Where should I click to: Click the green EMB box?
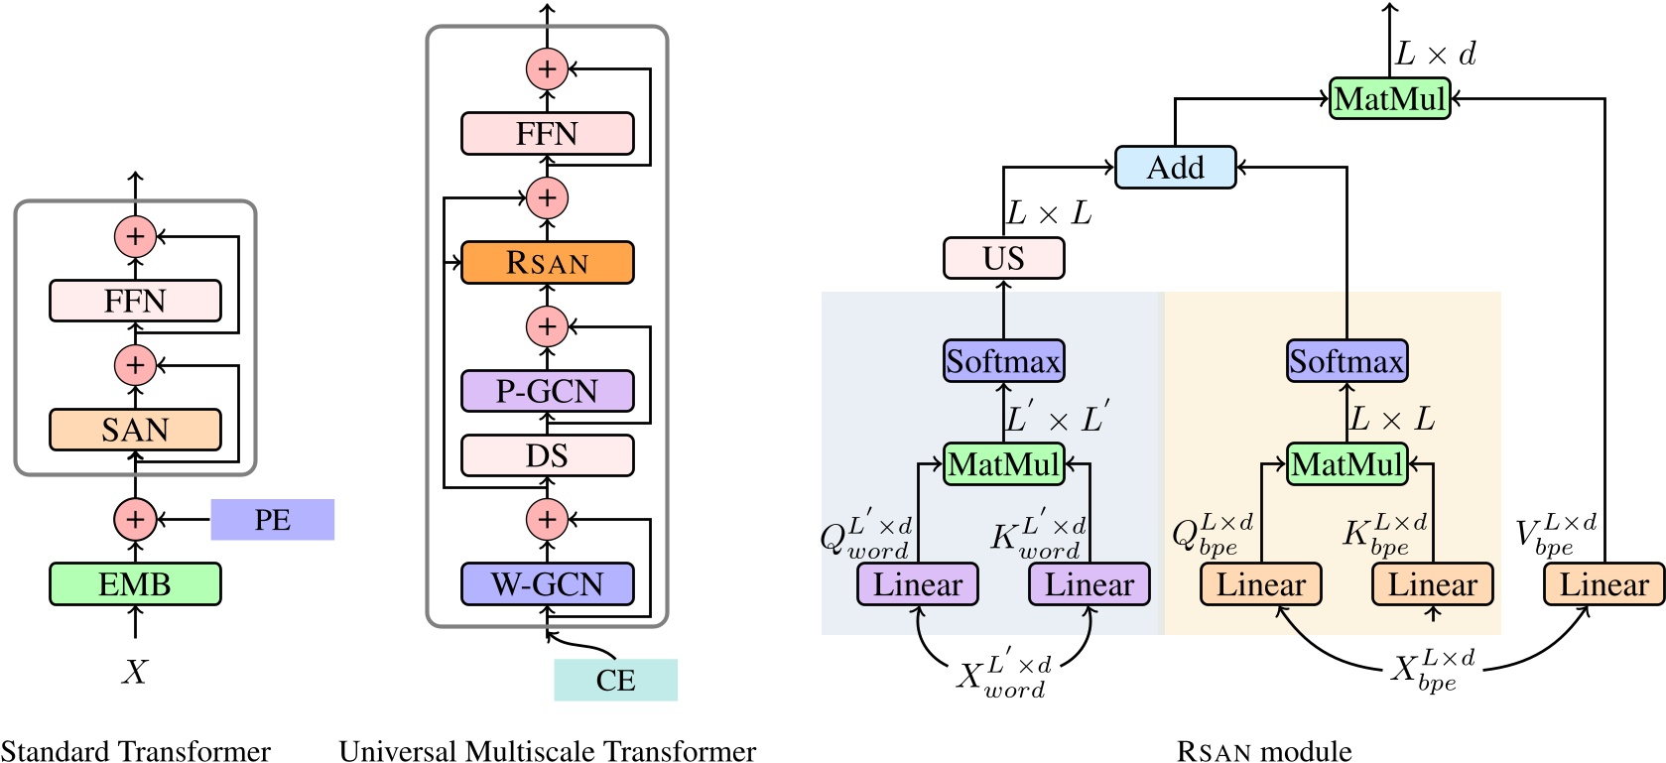[x=135, y=583]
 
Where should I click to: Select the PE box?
[x=272, y=520]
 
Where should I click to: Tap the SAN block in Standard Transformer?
[x=135, y=430]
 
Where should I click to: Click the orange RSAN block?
[x=547, y=263]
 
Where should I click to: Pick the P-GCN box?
[x=547, y=391]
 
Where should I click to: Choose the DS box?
[x=547, y=455]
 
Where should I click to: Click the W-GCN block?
[x=547, y=583]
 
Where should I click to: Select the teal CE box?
[x=615, y=680]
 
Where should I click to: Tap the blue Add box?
[x=1175, y=167]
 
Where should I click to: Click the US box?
[x=1003, y=258]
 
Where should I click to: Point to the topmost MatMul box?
[x=1389, y=98]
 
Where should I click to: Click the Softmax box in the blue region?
[x=1003, y=361]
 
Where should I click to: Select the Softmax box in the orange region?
[x=1346, y=361]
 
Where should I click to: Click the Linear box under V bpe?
[x=1603, y=584]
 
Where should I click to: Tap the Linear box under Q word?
[x=918, y=584]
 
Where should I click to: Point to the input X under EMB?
[x=135, y=672]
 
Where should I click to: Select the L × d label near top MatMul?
[x=1435, y=54]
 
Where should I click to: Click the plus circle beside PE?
[x=135, y=519]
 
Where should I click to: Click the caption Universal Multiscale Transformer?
[x=547, y=750]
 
